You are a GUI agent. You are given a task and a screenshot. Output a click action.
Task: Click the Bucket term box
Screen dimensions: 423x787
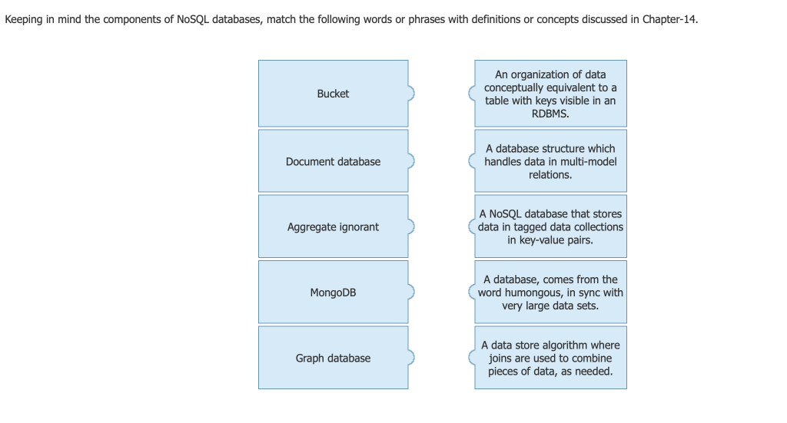pos(333,94)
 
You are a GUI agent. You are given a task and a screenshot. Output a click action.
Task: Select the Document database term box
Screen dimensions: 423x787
pos(333,161)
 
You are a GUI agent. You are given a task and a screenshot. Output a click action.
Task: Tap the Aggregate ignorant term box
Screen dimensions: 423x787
pos(333,226)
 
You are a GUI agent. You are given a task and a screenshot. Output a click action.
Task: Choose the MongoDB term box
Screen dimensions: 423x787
pos(333,292)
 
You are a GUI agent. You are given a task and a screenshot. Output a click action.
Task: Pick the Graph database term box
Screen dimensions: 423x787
pos(333,358)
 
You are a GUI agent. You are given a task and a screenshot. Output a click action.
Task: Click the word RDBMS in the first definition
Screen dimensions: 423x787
pos(550,114)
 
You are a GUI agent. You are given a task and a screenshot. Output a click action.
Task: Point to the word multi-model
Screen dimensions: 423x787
pos(587,161)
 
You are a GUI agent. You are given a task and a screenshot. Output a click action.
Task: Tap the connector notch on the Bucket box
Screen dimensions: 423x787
pos(411,94)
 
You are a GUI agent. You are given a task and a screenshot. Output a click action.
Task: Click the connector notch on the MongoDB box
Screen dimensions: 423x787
pos(411,292)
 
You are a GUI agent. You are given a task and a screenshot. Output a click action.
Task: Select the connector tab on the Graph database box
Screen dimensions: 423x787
pos(411,358)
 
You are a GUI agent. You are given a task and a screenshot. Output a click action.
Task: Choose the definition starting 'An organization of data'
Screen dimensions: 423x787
pos(550,94)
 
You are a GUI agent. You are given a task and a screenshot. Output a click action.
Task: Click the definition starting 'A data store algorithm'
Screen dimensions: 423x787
pos(550,358)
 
